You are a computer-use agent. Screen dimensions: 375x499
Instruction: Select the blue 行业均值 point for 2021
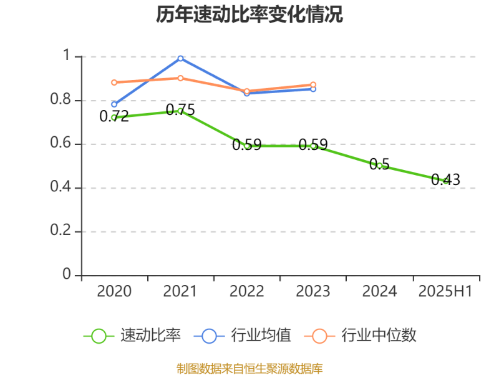pyautogui.click(x=180, y=58)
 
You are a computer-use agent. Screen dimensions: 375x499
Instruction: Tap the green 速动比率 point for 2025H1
pyautogui.click(x=445, y=181)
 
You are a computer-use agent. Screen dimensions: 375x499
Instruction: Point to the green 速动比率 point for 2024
pyautogui.click(x=379, y=166)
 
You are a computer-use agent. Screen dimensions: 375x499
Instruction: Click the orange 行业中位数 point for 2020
pyautogui.click(x=114, y=82)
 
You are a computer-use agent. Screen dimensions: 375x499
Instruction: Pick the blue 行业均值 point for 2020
pyautogui.click(x=114, y=104)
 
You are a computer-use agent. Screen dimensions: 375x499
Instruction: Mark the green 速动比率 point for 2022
pyautogui.click(x=247, y=146)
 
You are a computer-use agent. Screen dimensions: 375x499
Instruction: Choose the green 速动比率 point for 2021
pyautogui.click(x=180, y=111)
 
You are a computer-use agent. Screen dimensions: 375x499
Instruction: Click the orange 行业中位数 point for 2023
pyautogui.click(x=313, y=84)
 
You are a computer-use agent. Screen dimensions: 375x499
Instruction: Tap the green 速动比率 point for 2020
pyautogui.click(x=114, y=117)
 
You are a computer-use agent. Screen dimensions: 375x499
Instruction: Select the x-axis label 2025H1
pyautogui.click(x=445, y=291)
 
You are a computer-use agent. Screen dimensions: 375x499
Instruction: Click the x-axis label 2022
pyautogui.click(x=247, y=291)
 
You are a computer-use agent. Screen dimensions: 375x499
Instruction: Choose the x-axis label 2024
pyautogui.click(x=379, y=291)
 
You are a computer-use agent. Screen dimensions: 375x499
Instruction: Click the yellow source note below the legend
pyautogui.click(x=249, y=368)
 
